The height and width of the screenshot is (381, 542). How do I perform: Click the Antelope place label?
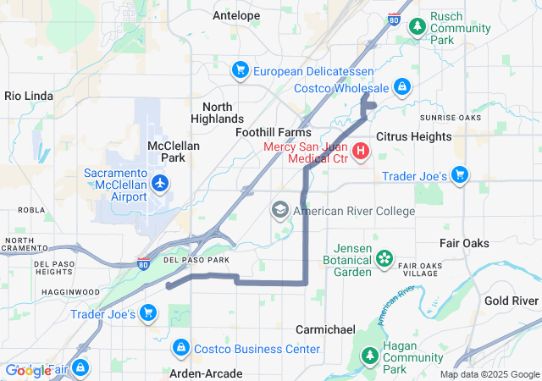(236, 15)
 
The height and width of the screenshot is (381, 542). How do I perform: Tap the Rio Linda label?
(29, 96)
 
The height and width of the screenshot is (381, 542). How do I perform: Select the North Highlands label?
(224, 113)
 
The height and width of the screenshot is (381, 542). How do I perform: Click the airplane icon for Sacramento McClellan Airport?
(160, 182)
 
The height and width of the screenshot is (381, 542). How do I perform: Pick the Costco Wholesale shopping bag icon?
(402, 88)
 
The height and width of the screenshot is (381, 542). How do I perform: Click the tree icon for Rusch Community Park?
(417, 27)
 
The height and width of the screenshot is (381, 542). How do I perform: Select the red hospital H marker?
(361, 152)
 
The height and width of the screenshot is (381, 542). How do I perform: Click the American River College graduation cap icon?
(280, 210)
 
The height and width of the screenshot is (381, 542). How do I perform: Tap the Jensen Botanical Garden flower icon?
(384, 258)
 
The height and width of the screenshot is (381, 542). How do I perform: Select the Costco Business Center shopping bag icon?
(180, 348)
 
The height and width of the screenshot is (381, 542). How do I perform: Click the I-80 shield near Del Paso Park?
(144, 264)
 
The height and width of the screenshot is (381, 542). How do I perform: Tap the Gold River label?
(512, 301)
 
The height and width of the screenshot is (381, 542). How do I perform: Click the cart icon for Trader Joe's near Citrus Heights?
(459, 176)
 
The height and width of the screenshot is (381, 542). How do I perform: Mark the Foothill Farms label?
(273, 133)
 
